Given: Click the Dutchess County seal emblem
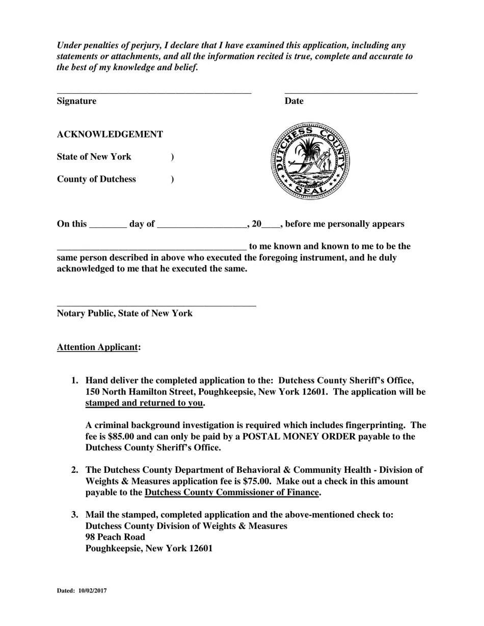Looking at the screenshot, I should [x=310, y=161].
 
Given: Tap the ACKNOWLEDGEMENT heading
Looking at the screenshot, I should [x=110, y=134].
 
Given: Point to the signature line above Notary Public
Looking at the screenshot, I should [x=156, y=305].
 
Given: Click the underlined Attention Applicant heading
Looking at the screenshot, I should [x=97, y=347].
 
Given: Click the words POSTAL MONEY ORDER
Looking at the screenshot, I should [x=299, y=437].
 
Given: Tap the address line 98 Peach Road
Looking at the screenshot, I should [x=115, y=537].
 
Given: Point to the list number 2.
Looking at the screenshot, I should [x=75, y=470].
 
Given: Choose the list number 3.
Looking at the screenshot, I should [x=75, y=515].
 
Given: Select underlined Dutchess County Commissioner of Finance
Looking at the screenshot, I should [x=232, y=493].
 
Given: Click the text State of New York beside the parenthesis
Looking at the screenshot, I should [x=94, y=157].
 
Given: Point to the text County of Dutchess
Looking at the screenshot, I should [x=96, y=179].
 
